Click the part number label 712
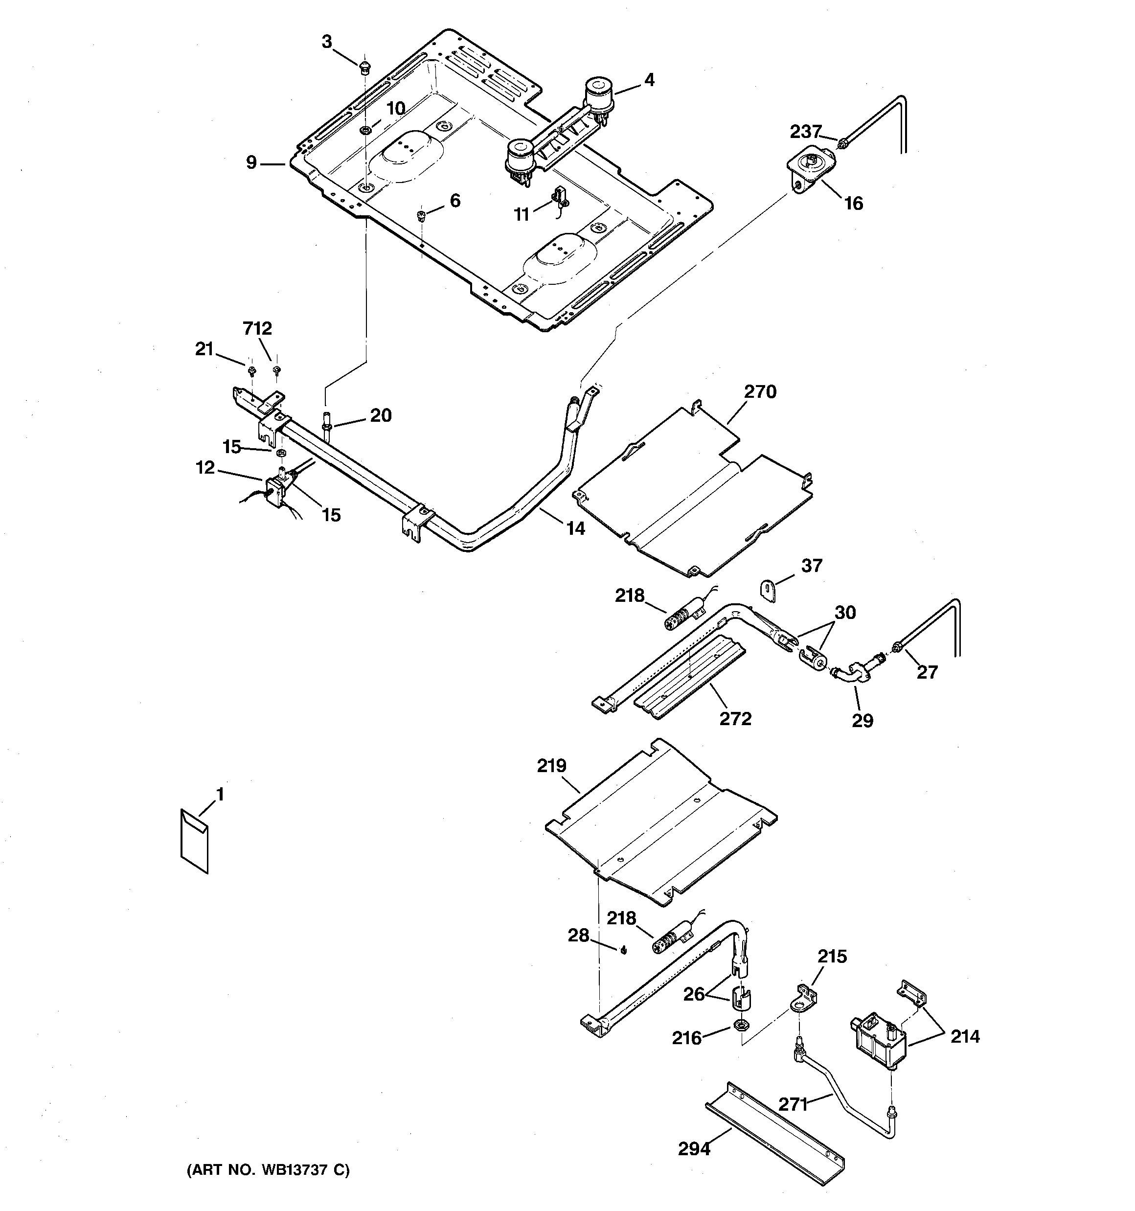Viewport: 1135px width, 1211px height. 257,328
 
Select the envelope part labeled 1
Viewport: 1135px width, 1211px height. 194,841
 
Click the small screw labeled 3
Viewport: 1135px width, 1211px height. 363,66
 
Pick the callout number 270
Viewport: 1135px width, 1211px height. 760,392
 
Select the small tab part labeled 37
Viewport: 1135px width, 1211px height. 768,591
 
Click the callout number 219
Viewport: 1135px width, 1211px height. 551,766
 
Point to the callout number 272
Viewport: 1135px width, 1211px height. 735,719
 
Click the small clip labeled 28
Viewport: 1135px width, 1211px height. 623,951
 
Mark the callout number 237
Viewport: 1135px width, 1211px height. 805,131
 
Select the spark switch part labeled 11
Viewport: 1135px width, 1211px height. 559,199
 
